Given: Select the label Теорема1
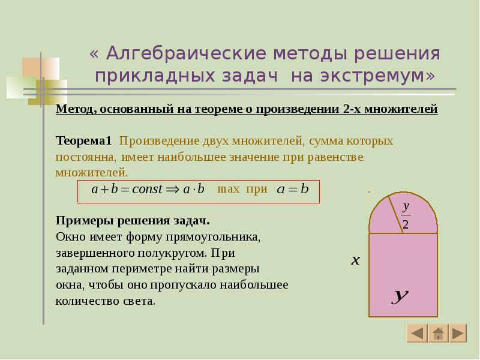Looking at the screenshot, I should click(84, 141).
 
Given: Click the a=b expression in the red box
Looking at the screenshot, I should click(292, 190).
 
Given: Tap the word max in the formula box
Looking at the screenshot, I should click(228, 190).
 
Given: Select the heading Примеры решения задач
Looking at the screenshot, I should click(133, 220).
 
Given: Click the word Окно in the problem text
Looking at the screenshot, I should click(69, 236).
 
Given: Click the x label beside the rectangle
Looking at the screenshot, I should click(355, 260).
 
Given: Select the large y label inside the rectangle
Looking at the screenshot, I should click(400, 296).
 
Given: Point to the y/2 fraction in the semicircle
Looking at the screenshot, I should click(406, 215).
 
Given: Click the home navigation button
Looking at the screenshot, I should click(438, 333).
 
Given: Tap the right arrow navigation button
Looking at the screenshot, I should click(458, 333).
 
